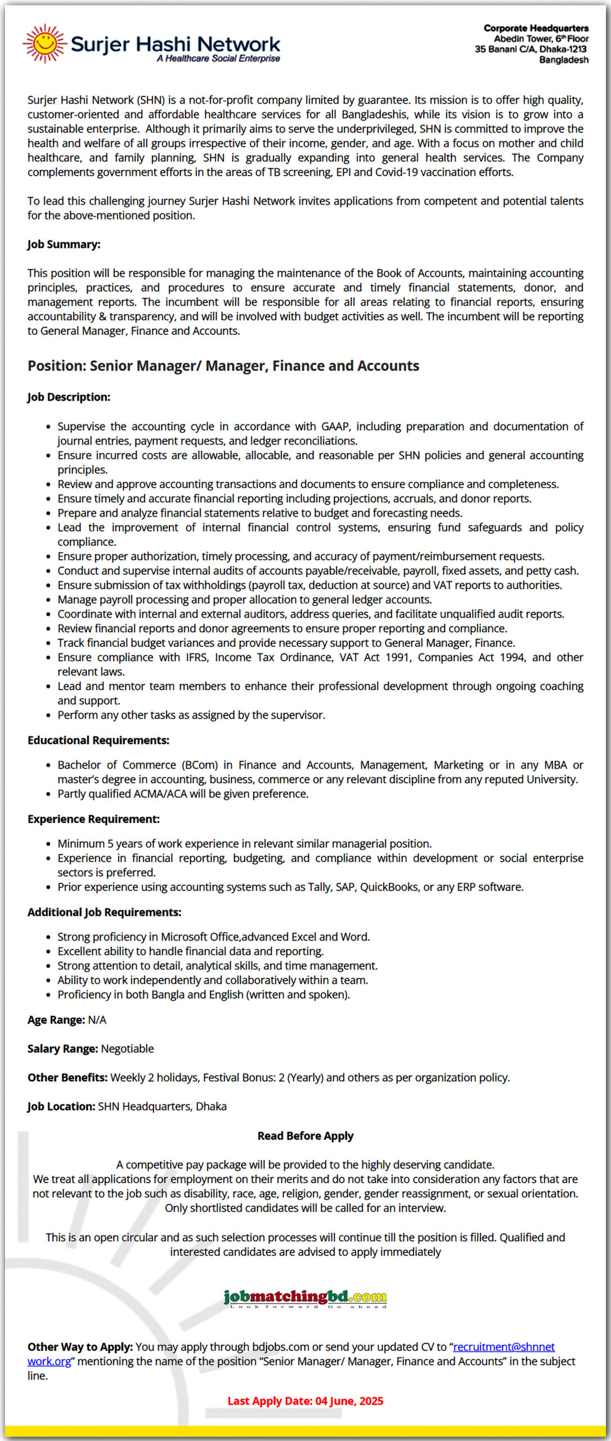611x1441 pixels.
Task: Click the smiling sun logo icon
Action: (44, 43)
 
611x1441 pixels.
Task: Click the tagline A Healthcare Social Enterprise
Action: (218, 59)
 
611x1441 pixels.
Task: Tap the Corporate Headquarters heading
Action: (536, 28)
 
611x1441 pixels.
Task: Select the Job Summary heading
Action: (64, 244)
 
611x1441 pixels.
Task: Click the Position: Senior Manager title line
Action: (223, 366)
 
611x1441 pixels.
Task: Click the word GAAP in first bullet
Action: (335, 426)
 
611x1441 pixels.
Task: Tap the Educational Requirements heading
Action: (98, 740)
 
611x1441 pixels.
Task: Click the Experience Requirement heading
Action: (93, 819)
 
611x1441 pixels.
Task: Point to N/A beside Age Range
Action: (97, 1020)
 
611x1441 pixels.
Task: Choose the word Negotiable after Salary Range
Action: (127, 1049)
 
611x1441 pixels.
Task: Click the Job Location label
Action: (61, 1106)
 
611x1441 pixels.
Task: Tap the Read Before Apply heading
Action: (305, 1136)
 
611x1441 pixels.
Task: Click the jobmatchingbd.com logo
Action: (305, 1297)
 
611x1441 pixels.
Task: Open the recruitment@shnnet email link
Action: (504, 1346)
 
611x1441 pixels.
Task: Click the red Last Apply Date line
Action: (305, 1401)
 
